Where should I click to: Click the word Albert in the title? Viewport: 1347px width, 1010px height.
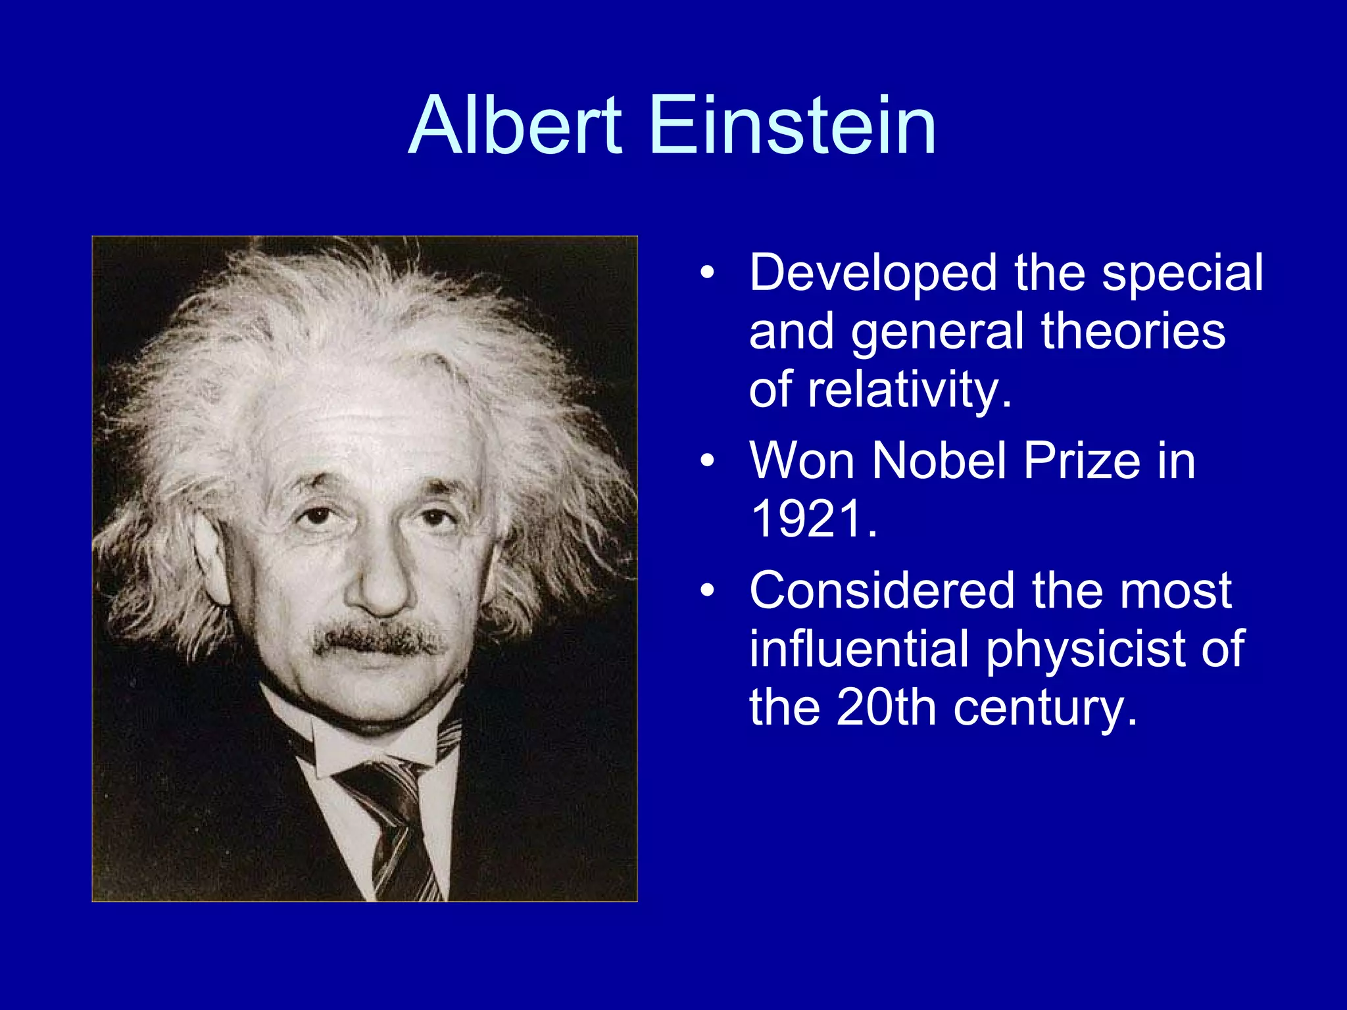(514, 125)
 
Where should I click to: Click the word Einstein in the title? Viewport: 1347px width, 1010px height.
(793, 125)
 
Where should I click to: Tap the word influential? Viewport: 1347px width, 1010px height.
(858, 649)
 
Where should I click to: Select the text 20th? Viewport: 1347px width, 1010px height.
(886, 708)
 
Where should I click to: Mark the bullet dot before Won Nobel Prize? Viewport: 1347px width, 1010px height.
(707, 460)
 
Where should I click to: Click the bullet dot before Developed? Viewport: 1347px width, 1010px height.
(707, 273)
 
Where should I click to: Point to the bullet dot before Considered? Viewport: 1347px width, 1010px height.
(707, 590)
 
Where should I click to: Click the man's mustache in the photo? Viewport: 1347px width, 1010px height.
(377, 638)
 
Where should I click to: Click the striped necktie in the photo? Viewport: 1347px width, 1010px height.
(395, 822)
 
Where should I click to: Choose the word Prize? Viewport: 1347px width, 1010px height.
(1081, 460)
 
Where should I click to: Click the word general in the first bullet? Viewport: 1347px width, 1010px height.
(937, 333)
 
